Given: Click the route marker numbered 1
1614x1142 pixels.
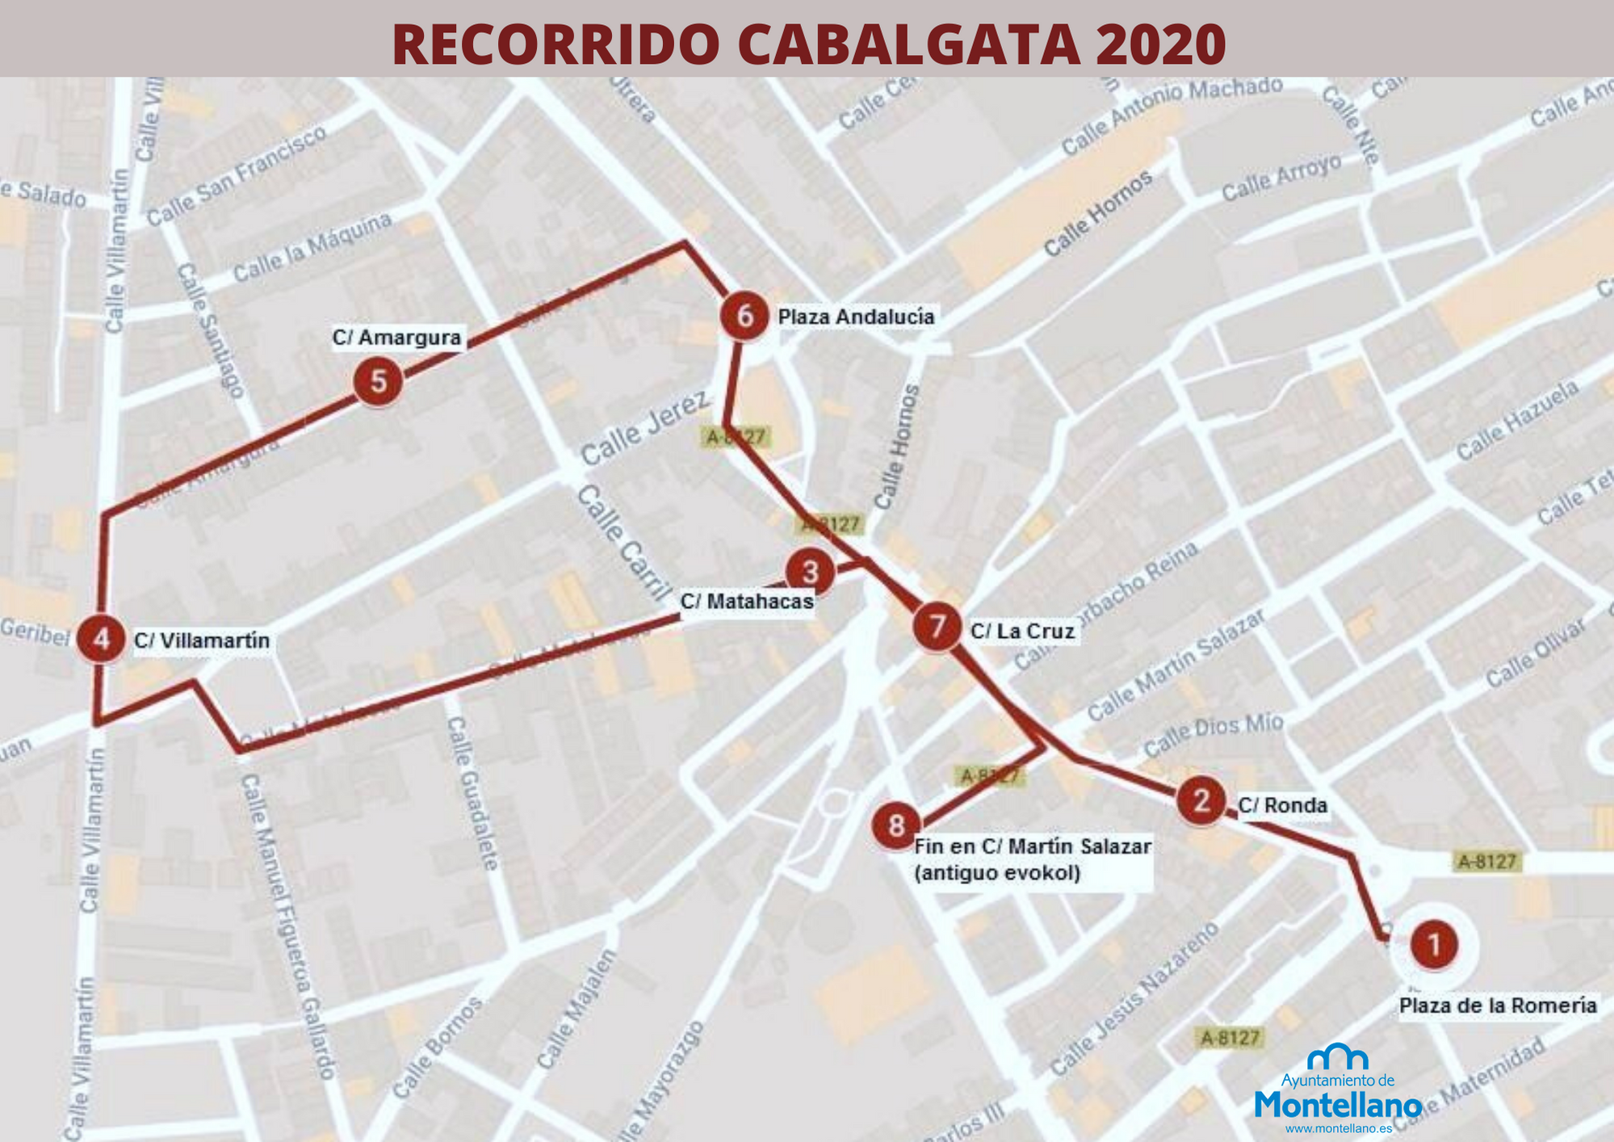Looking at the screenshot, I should [1434, 945].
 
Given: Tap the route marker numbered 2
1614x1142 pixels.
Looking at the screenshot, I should [1201, 801].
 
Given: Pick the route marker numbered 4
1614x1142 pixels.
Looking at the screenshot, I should [101, 640].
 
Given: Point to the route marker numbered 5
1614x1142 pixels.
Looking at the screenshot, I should [378, 382].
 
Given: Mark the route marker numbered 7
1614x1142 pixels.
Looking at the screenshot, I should [937, 627].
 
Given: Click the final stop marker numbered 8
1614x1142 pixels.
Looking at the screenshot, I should [896, 826].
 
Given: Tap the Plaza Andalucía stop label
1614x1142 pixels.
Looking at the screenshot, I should [856, 317].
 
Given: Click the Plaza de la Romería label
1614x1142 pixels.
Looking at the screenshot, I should [1498, 1006].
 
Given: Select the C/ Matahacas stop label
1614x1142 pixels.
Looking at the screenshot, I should [747, 602].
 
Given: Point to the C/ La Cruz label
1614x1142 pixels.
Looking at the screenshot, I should [1022, 631].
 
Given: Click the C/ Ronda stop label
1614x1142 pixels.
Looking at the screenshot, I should [1282, 805].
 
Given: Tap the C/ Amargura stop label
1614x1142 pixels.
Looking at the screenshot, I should [396, 337].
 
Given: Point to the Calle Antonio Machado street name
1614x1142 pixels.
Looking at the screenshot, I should [1172, 116].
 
